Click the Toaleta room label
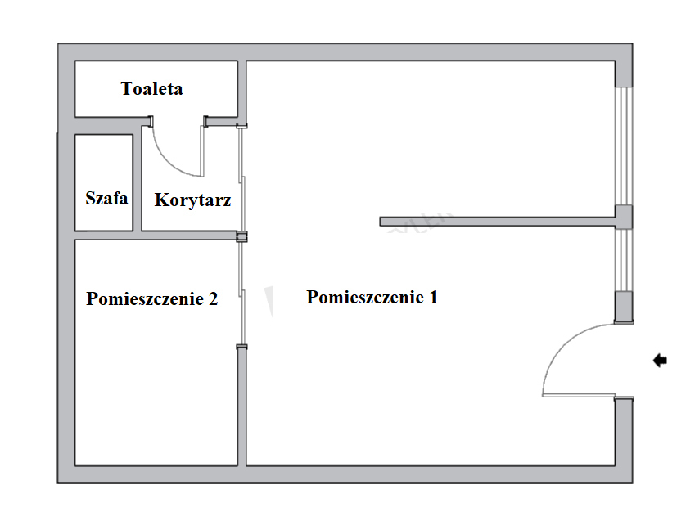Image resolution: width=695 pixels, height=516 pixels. pos(151,88)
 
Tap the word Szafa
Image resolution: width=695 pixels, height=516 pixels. pos(106,198)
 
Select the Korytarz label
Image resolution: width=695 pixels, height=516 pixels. pos(192,200)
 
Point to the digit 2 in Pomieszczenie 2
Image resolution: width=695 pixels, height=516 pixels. pos(213,299)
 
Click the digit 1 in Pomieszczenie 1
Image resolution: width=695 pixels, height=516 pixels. pos(433,297)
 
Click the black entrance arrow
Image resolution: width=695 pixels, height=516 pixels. pos(660,361)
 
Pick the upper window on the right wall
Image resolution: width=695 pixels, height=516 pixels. pos(624,146)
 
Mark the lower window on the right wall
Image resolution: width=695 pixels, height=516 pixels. pos(624,260)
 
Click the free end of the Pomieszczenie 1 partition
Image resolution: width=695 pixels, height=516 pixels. pos(381,222)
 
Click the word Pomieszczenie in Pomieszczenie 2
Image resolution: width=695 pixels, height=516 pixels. pos(145,299)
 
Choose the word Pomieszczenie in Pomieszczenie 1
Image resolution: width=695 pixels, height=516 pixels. pos(365,297)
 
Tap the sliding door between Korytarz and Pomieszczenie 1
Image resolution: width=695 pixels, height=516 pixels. pos(242,179)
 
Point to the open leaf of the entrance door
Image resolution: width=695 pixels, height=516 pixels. pos(579,395)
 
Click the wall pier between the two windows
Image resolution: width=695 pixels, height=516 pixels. pos(624,217)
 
